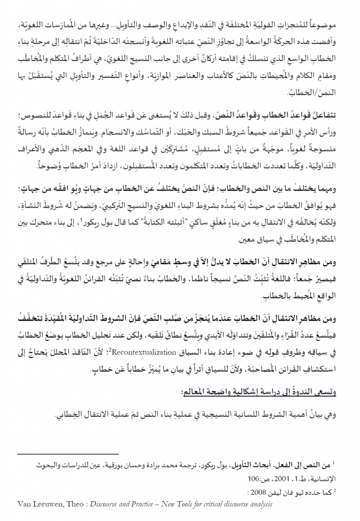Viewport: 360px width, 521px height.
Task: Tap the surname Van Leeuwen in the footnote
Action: tap(38, 504)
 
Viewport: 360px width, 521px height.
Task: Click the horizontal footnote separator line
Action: tap(68, 452)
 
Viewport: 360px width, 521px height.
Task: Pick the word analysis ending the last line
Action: tap(258, 504)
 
